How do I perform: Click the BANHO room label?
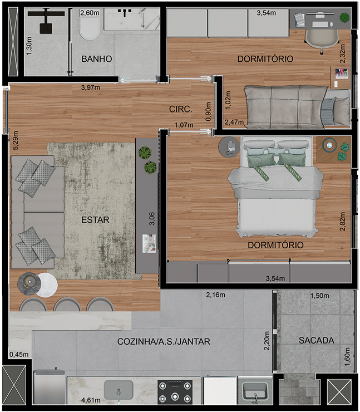click(x=97, y=58)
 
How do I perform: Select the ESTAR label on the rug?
click(x=95, y=220)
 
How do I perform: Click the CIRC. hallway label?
click(x=180, y=109)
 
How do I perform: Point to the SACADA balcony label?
click(x=317, y=341)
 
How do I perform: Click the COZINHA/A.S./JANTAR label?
click(x=164, y=342)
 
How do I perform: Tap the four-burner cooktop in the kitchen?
click(x=175, y=392)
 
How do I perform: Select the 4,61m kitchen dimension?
click(x=91, y=400)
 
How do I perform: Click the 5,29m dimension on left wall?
click(x=16, y=140)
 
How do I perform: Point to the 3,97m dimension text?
click(x=90, y=87)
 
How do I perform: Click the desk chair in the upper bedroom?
click(x=322, y=40)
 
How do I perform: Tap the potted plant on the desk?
click(x=344, y=17)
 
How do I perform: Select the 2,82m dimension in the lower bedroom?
click(x=342, y=221)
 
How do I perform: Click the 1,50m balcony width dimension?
click(x=319, y=296)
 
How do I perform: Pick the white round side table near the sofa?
click(x=47, y=285)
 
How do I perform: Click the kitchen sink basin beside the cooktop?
click(x=119, y=390)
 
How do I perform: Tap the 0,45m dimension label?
click(x=19, y=355)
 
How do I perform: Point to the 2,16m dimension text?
click(x=215, y=295)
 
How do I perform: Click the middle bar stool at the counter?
click(x=67, y=305)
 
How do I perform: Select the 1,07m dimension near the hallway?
click(x=184, y=125)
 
